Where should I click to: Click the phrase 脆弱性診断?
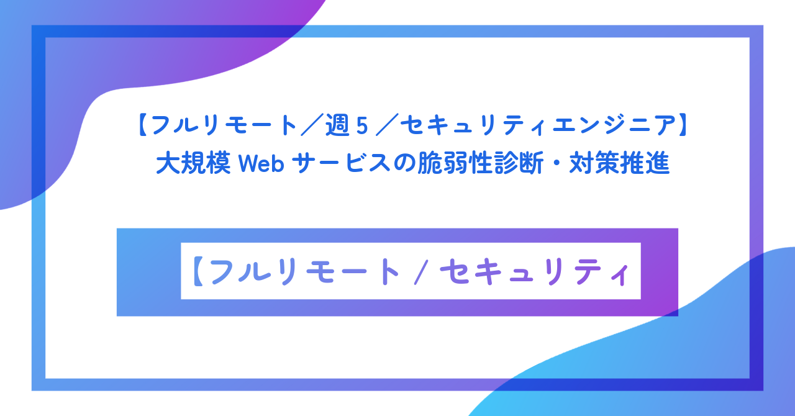click(x=465, y=164)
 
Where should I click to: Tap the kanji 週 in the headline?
click(x=343, y=127)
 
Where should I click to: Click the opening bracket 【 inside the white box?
click(x=198, y=271)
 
